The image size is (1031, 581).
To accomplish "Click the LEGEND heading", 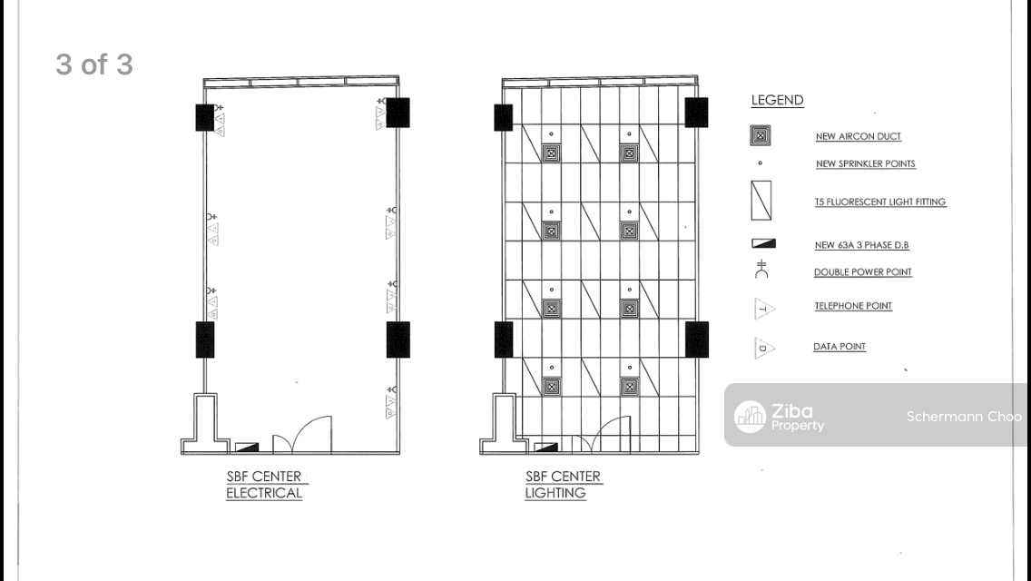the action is click(x=777, y=100).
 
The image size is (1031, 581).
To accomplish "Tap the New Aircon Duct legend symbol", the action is click(x=761, y=135).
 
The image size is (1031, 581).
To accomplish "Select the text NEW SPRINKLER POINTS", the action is click(x=865, y=163).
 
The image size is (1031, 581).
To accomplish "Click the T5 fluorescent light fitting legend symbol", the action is click(x=761, y=201).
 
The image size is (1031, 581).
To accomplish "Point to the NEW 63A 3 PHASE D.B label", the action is click(x=861, y=245).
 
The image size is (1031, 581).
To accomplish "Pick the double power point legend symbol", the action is click(x=761, y=269).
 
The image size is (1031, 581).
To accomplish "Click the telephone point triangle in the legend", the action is click(x=764, y=309).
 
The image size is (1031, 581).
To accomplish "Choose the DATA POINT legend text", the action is click(x=839, y=347).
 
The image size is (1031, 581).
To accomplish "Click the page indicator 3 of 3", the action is click(x=94, y=64).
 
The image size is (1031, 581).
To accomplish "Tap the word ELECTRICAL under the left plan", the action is click(x=264, y=493).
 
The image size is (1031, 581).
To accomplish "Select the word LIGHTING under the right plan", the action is click(x=555, y=493).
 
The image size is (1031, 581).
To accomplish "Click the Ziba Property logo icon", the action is click(x=750, y=417).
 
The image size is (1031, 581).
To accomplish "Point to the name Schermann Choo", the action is click(x=964, y=417).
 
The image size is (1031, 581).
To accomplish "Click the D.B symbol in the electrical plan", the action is click(x=247, y=448).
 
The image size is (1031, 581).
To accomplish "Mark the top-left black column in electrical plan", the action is click(x=204, y=118).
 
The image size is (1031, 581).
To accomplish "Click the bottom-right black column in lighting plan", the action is click(x=697, y=340).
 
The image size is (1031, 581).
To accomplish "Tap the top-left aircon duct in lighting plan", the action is click(x=551, y=154).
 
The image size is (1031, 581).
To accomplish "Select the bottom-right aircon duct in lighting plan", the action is click(x=629, y=387).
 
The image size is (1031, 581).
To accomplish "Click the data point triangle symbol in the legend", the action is click(x=764, y=348).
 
